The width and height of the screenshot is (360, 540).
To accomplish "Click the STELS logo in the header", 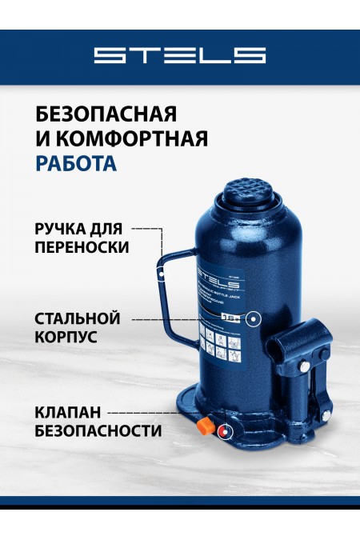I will pyautogui.click(x=179, y=55).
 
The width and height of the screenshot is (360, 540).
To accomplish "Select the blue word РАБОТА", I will pyautogui.click(x=76, y=163).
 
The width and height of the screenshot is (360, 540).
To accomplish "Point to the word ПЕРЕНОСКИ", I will pyautogui.click(x=81, y=247).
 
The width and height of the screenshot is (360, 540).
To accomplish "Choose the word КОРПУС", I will pyautogui.click(x=66, y=338).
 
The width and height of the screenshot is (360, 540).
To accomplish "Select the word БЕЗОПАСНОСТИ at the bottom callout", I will pyautogui.click(x=98, y=431).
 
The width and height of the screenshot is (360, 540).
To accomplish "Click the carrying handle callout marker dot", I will pyautogui.click(x=163, y=274).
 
